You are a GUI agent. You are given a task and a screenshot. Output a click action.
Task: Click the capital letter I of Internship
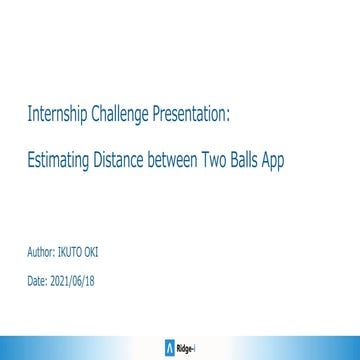tap(29, 117)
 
